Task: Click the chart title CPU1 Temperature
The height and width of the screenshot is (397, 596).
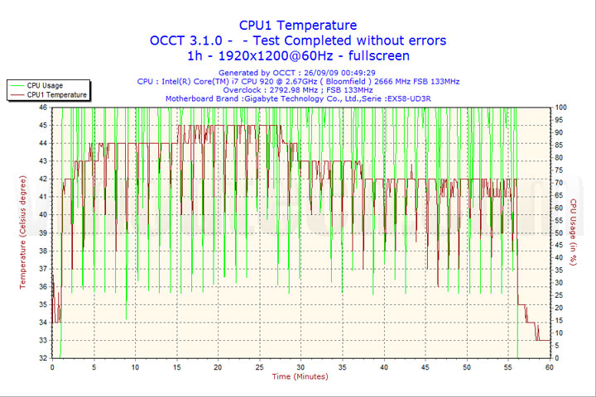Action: (298, 26)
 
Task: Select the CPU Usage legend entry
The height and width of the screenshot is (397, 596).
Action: (45, 85)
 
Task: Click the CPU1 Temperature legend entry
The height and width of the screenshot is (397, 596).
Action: (56, 95)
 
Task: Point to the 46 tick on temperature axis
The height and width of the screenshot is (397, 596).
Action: (43, 108)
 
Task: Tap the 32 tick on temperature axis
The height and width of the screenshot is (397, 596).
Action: (43, 358)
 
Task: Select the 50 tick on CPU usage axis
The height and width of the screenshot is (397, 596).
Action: (560, 232)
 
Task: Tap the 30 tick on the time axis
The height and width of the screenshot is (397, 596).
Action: (300, 367)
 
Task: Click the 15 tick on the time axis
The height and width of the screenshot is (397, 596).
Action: (176, 367)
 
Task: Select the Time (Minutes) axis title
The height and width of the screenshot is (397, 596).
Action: (300, 377)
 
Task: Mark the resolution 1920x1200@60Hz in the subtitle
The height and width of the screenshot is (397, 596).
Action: (269, 55)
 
